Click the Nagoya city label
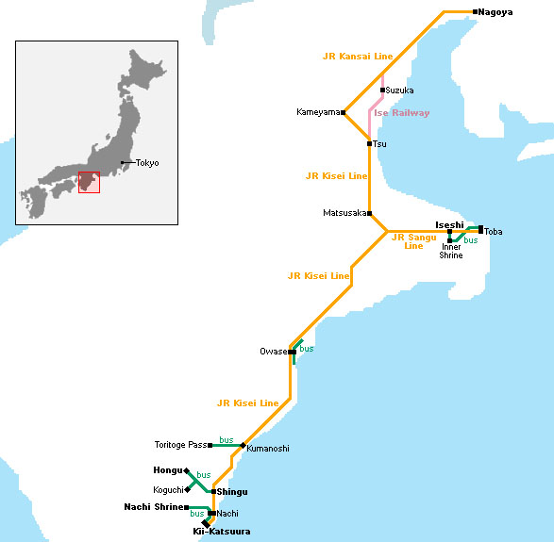coord(495,11)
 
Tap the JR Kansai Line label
coord(357,57)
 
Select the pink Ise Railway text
coord(401,113)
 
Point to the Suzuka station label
coord(400,90)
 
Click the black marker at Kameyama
coord(344,112)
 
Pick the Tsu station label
coord(379,144)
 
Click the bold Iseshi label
coord(448,224)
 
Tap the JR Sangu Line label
coord(413,241)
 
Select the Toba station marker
coord(480,229)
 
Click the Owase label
coord(273,352)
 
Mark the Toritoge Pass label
coord(180,445)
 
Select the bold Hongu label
coord(167,469)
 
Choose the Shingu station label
coord(231,492)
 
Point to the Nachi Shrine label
coord(153,507)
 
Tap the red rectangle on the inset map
coord(89,182)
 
